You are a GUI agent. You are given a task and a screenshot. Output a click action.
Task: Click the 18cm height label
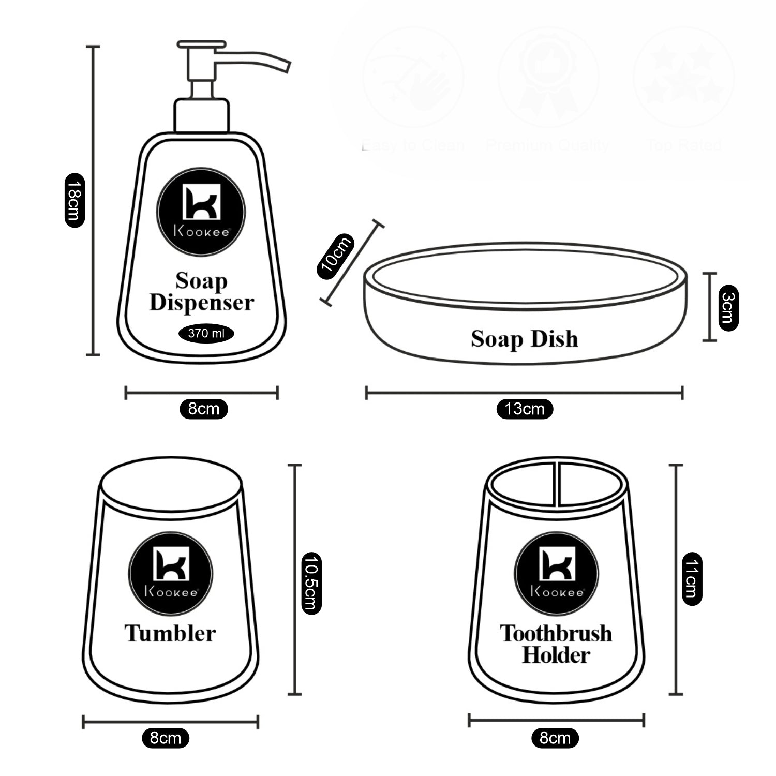[74, 200]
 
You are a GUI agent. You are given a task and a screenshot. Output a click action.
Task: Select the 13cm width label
[525, 409]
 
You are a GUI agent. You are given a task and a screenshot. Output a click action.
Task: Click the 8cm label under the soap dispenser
[203, 409]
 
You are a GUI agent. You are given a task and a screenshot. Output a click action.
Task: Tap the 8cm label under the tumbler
[166, 738]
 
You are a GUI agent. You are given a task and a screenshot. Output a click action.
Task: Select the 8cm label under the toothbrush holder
[555, 738]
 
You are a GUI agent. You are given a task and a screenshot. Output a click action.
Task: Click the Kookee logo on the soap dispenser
[201, 212]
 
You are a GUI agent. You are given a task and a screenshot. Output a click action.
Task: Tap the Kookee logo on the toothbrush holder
[557, 574]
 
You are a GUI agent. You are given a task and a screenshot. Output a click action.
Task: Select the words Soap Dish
[524, 339]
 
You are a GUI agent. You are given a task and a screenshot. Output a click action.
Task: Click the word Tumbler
[170, 633]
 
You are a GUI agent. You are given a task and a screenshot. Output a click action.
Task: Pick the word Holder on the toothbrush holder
[556, 655]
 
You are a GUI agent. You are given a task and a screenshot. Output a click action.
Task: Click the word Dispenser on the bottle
[201, 303]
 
